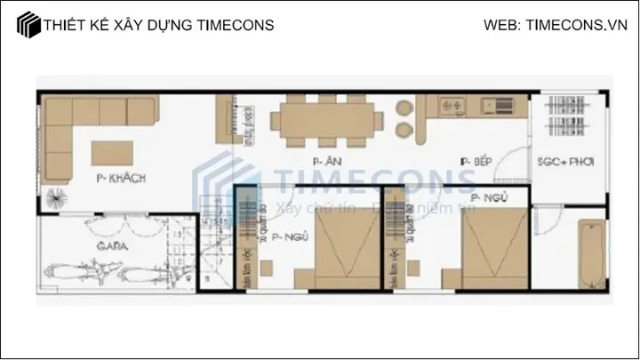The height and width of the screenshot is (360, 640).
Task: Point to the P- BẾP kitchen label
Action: pos(477,162)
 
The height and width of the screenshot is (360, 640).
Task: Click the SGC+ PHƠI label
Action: pos(564,163)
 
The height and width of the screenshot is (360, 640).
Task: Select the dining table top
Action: pos(330,118)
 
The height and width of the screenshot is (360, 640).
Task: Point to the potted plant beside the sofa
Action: pos(55,199)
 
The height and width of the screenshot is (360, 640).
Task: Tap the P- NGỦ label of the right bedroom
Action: pos(489,197)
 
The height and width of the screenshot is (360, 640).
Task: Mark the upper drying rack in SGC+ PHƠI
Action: pos(564,102)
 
